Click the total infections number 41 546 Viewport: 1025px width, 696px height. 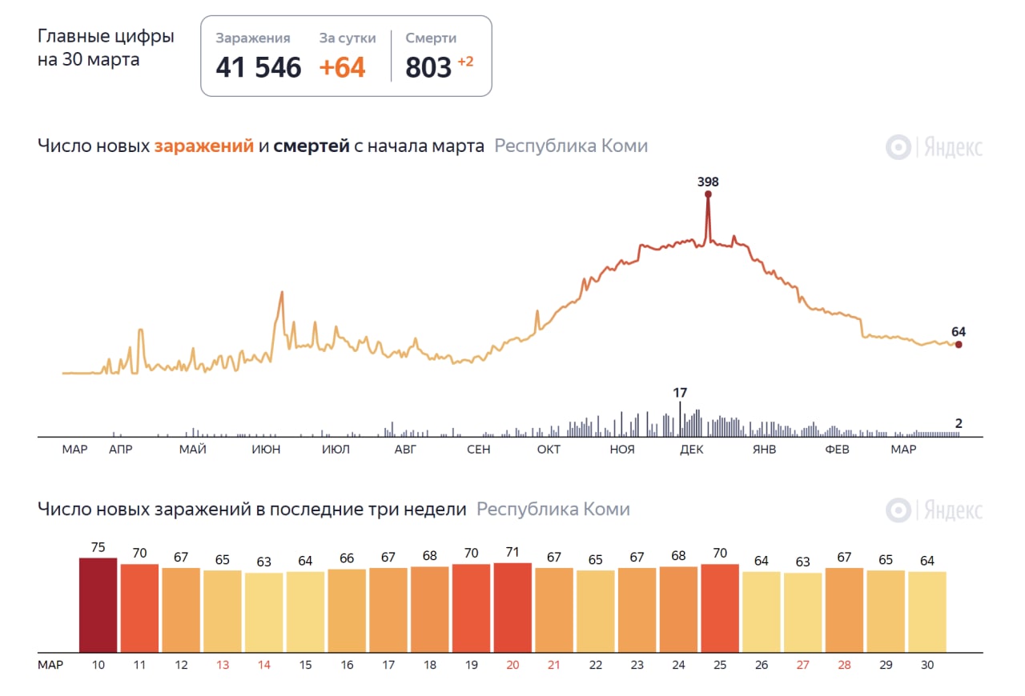258,67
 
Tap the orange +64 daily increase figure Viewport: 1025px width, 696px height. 342,67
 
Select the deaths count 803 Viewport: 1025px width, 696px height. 428,67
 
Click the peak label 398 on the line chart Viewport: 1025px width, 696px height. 708,182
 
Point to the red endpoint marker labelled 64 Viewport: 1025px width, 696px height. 959,345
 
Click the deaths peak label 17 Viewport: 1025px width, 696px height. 680,393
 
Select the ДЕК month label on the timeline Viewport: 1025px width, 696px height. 691,450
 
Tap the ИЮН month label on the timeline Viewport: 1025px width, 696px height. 266,450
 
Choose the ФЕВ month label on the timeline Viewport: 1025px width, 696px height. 837,450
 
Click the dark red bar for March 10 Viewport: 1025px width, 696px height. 98,605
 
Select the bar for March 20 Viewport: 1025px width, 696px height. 512,607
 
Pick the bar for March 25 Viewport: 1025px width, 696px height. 720,608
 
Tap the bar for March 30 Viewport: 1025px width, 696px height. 927,611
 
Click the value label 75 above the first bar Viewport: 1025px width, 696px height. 98,547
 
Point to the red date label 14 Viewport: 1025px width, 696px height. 263,665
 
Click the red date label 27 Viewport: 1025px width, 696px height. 802,665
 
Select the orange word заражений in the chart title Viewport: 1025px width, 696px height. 204,146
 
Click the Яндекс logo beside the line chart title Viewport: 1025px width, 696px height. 934,147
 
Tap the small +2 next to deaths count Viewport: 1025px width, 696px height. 465,62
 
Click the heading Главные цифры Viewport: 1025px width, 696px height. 106,37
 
